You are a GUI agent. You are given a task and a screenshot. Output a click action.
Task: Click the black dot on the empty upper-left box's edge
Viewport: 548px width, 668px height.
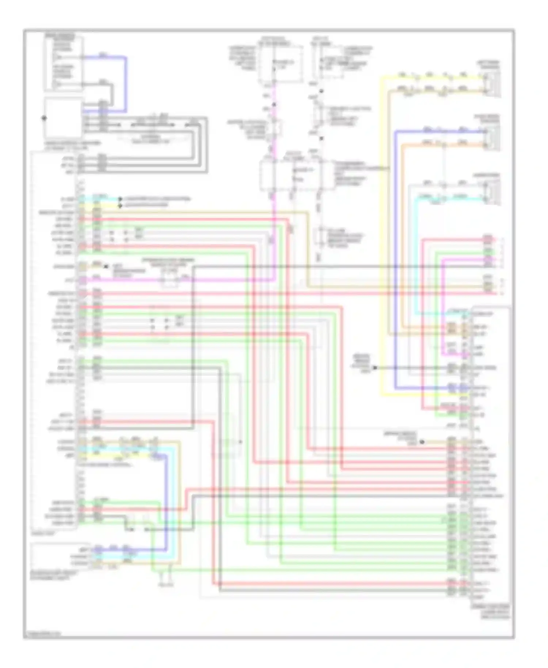tap(44, 118)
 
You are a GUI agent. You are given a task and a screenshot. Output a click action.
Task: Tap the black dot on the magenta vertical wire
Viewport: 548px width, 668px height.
tap(274, 105)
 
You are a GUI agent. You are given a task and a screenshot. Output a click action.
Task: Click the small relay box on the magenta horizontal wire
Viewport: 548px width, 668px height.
tap(170, 281)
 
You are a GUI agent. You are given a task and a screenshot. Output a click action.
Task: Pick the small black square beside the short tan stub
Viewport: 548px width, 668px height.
tap(106, 267)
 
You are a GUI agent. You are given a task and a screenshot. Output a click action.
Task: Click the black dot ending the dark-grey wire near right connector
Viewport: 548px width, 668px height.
tap(375, 368)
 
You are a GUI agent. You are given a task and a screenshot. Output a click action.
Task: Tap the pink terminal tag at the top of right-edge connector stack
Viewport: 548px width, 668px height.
tap(487, 239)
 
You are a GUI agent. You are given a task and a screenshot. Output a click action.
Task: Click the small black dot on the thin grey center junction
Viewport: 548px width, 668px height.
tap(240, 442)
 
